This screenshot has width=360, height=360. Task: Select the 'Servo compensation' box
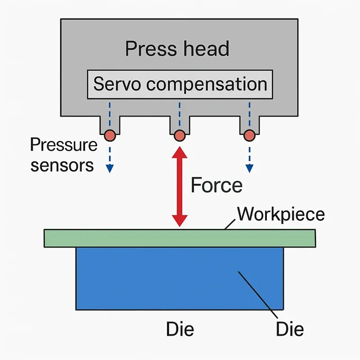(180, 84)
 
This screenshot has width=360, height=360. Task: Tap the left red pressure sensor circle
(109, 135)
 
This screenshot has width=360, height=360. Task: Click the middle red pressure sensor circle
(180, 135)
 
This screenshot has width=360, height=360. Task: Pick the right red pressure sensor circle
(249, 135)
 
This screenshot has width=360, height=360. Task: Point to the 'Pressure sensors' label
(63, 155)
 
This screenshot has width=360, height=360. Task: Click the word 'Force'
(216, 185)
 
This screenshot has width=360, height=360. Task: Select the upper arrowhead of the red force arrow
(180, 152)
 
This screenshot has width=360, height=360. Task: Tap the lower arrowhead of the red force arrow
(180, 220)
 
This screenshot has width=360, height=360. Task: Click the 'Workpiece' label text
(280, 214)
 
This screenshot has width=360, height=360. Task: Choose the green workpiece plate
(180, 238)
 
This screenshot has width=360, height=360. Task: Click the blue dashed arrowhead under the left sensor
(109, 169)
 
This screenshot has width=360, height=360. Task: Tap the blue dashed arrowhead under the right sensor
(249, 169)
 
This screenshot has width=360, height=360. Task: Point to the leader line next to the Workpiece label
(230, 223)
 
